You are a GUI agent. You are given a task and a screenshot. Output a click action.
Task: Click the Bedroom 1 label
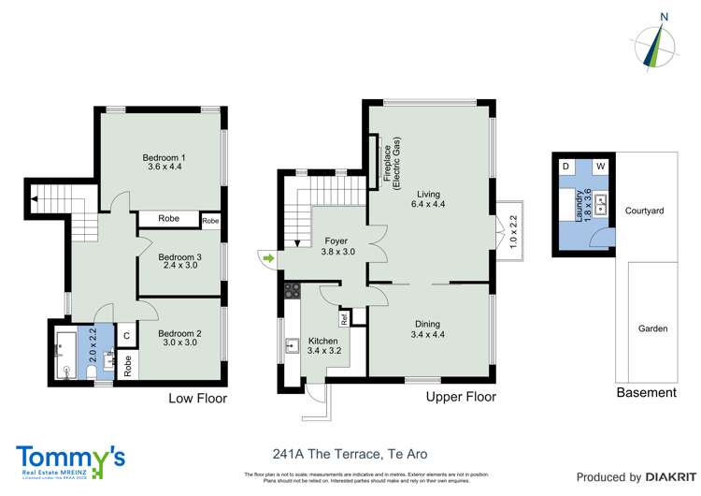pos(164,157)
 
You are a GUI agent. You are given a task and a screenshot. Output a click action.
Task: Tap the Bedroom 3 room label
pos(179,256)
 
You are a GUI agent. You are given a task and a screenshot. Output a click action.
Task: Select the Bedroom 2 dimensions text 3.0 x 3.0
pos(179,343)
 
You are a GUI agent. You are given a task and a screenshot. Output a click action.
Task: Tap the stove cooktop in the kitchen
pos(291,290)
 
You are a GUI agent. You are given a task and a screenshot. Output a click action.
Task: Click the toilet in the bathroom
pos(91,372)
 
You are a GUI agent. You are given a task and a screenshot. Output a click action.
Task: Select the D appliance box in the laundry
pos(565,167)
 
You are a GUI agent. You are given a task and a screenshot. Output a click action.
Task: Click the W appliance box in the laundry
pos(600,167)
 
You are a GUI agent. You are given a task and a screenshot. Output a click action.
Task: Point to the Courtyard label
pos(644,212)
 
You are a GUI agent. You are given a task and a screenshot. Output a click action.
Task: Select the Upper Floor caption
pos(460,397)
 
